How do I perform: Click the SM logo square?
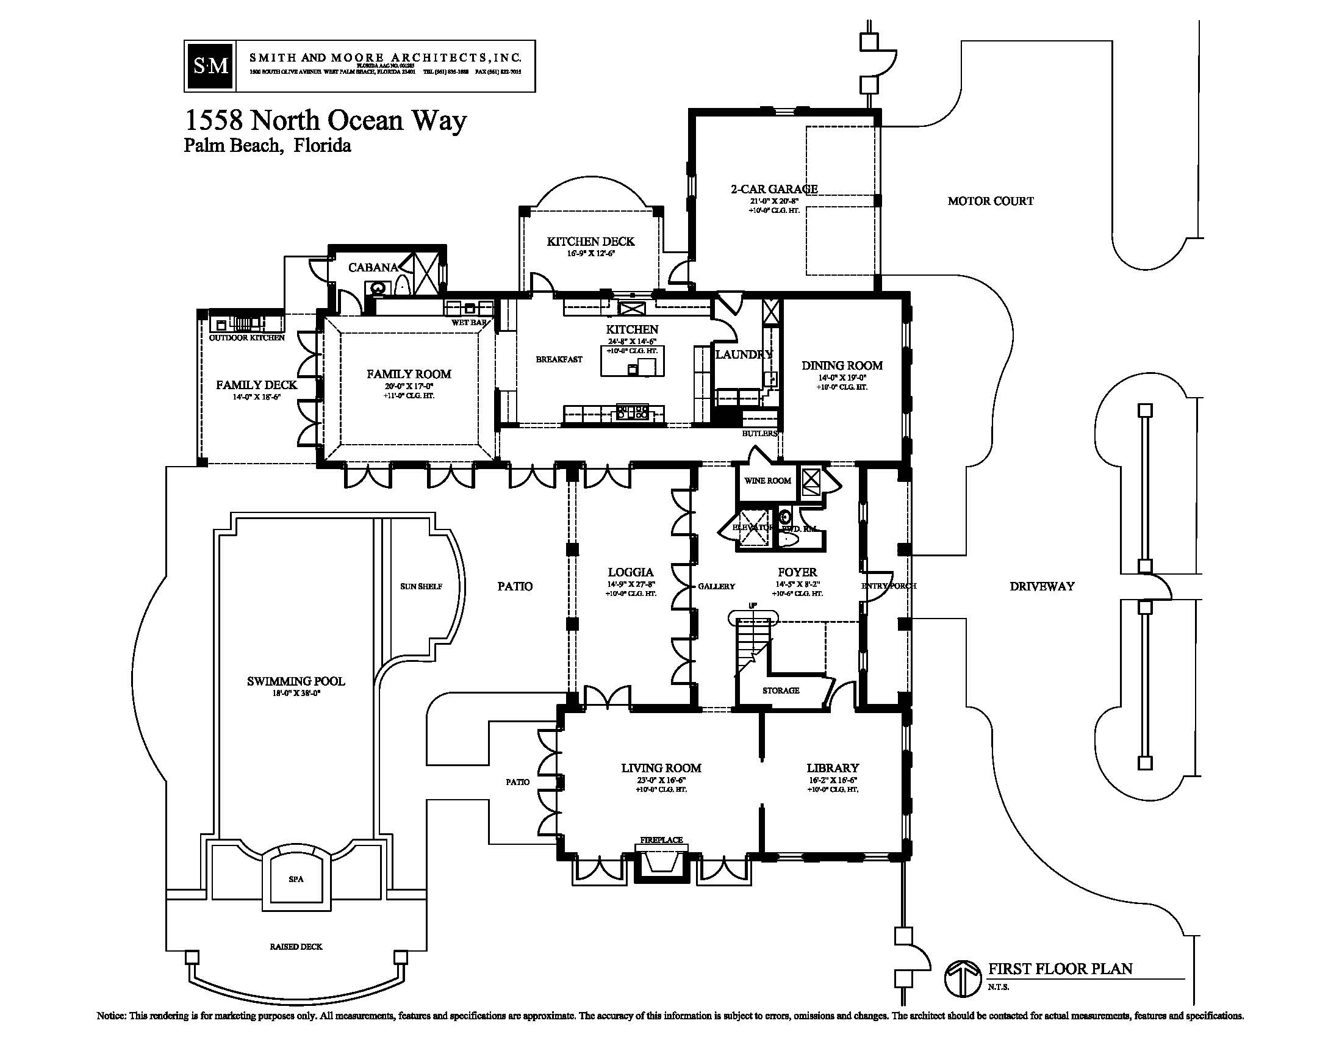click(211, 66)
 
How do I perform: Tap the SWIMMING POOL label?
click(296, 681)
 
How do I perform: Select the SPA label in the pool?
click(296, 879)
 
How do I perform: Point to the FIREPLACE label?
click(661, 840)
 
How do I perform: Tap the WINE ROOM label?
click(767, 481)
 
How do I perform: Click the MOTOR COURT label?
click(991, 201)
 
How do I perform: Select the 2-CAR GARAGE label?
click(774, 189)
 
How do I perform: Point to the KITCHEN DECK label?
click(590, 242)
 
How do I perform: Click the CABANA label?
click(373, 267)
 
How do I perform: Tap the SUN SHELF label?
click(421, 587)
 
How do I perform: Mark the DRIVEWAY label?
click(1042, 586)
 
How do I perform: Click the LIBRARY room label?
click(833, 768)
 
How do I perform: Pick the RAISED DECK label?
click(296, 947)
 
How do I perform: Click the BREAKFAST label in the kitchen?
click(559, 359)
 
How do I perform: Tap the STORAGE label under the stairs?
click(781, 691)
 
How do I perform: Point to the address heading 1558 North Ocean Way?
click(326, 120)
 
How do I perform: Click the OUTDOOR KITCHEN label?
click(247, 338)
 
